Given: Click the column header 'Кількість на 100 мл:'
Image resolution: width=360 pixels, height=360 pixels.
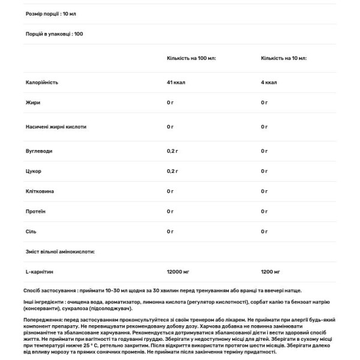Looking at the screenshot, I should pos(191,58).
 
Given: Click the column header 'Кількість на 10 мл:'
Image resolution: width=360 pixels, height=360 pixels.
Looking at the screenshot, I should pos(284,58).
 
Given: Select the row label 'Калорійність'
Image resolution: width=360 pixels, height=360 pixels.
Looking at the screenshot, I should pos(42,82).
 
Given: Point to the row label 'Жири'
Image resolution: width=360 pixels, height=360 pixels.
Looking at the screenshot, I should pos(33,103).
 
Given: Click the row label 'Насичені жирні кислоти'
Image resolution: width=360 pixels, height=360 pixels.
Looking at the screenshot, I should pos(56,127).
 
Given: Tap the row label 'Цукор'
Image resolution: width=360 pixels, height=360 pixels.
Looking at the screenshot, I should pos(34,172).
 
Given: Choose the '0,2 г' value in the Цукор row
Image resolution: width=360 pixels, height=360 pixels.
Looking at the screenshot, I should pos(174,172).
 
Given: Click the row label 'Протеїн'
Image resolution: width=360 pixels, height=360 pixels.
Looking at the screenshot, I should pos(36,211).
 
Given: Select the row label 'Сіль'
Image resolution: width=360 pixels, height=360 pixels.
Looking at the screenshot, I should pos(31,231).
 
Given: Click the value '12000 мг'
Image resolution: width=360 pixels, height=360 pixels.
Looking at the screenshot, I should pos(179,272).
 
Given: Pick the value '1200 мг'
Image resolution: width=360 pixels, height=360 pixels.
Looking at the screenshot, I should pos(271,272).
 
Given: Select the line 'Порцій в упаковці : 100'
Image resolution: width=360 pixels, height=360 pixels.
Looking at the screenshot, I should pos(55,34).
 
